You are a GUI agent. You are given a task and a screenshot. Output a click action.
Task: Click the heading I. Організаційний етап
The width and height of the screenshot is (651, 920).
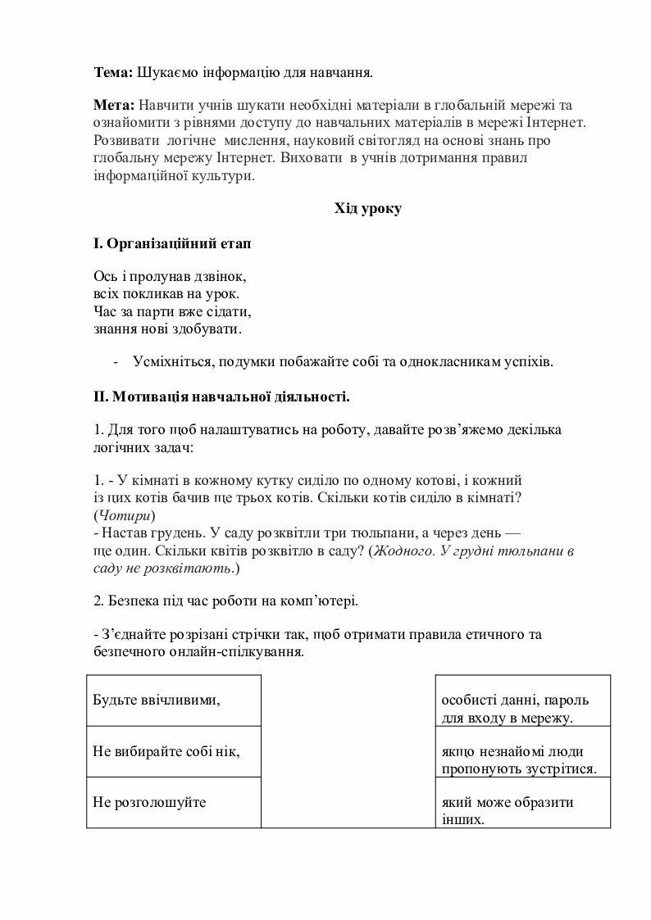pyautogui.click(x=173, y=243)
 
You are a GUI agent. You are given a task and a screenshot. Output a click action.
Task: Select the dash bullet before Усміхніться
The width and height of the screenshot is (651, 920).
pyautogui.click(x=116, y=362)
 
